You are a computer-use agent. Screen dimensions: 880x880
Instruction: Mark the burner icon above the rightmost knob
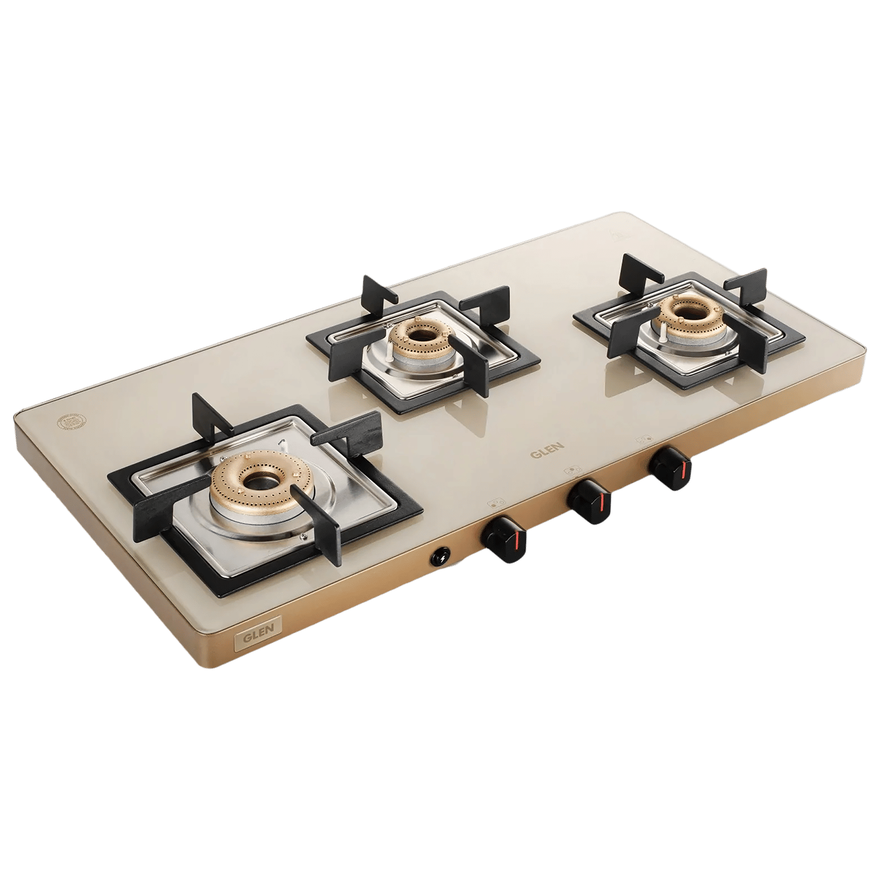(x=643, y=441)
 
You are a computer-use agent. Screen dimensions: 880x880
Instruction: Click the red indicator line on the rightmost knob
(x=684, y=468)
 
